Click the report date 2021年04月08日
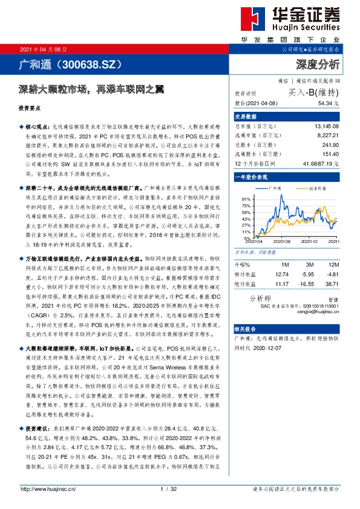(40, 49)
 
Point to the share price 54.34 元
(324, 104)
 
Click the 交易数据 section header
(246, 117)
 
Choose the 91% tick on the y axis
(246, 199)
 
